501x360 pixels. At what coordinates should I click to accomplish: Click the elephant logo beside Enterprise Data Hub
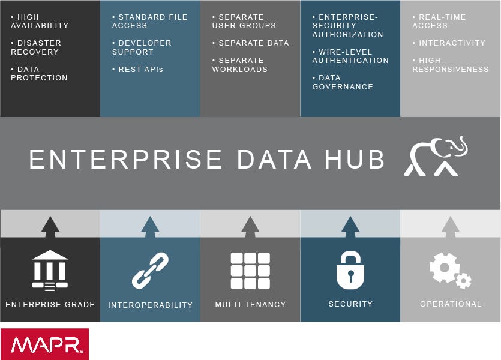pos(436,157)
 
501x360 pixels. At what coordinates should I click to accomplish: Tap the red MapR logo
pos(44,344)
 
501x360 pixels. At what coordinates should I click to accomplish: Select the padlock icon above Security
pos(350,270)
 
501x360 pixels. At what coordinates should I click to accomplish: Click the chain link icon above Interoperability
pos(150,271)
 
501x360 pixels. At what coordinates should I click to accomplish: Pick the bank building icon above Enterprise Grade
pos(50,269)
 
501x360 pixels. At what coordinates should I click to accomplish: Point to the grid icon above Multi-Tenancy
pos(250,271)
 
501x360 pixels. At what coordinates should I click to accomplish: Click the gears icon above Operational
pos(451,270)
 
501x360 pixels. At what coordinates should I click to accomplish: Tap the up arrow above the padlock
pos(350,225)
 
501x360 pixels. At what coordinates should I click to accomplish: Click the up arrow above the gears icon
pos(451,225)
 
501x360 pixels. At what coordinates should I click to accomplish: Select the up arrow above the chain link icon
pos(150,225)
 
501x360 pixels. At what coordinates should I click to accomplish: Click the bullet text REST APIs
pos(137,70)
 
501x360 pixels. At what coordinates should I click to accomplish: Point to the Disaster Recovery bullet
pos(37,47)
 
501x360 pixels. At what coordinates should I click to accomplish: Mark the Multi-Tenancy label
pos(250,305)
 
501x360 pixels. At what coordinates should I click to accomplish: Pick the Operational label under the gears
pos(451,304)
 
